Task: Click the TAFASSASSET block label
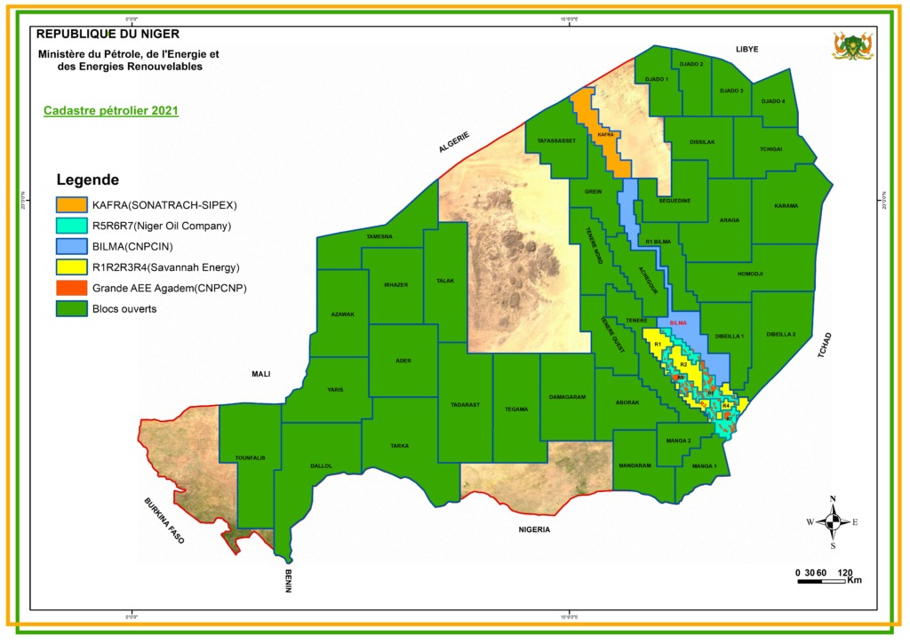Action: pos(556,140)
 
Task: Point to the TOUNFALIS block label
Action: pos(250,457)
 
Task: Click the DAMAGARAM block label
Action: pos(567,397)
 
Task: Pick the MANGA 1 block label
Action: pos(704,466)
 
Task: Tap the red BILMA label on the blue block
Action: pos(679,323)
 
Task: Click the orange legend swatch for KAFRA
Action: pos(71,204)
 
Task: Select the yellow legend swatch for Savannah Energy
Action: pos(71,266)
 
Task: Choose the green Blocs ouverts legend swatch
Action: pos(71,308)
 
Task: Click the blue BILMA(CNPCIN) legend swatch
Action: pos(71,246)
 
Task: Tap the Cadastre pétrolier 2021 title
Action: pos(111,111)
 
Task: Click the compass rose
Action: pos(833,522)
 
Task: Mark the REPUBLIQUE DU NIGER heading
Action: pos(108,34)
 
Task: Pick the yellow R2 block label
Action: pos(683,364)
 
